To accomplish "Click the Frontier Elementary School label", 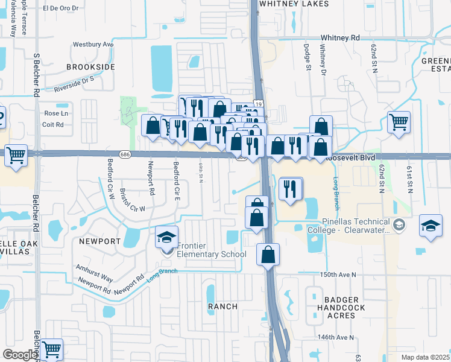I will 211,250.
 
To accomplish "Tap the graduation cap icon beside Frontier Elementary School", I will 166,237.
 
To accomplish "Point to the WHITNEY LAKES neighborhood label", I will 294,4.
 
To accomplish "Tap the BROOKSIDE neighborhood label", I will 90,66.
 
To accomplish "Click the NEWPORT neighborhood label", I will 100,241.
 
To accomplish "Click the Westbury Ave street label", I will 93,45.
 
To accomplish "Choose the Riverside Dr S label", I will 74,83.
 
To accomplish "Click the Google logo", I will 20,355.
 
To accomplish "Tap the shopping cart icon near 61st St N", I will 399,122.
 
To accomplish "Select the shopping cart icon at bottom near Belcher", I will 51,348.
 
